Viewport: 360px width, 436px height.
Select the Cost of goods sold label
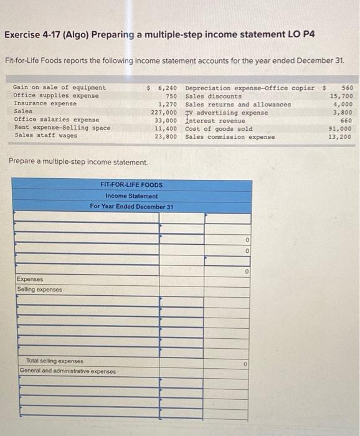(x=219, y=129)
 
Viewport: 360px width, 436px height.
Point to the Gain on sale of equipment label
(x=60, y=88)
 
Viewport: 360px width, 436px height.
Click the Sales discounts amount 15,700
(x=341, y=97)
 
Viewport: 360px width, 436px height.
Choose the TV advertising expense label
(x=227, y=113)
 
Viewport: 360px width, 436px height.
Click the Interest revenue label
(x=215, y=121)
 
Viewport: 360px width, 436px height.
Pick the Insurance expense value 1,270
(x=168, y=105)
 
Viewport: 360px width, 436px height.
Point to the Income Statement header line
(x=131, y=196)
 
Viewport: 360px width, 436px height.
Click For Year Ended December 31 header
(x=131, y=206)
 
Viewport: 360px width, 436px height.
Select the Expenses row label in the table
(x=30, y=280)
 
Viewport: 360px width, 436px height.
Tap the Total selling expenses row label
(x=55, y=361)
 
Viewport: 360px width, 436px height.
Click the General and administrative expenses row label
(x=67, y=371)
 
